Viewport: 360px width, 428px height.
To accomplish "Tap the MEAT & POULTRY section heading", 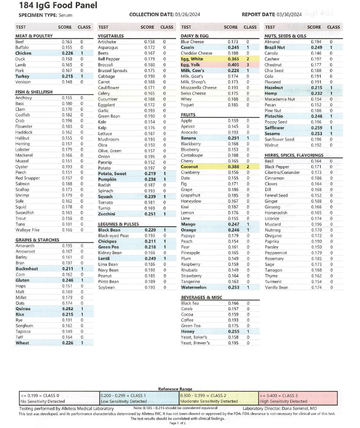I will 34,36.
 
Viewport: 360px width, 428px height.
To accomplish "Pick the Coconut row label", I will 191,167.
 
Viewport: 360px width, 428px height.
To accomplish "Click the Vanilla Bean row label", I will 279,287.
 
